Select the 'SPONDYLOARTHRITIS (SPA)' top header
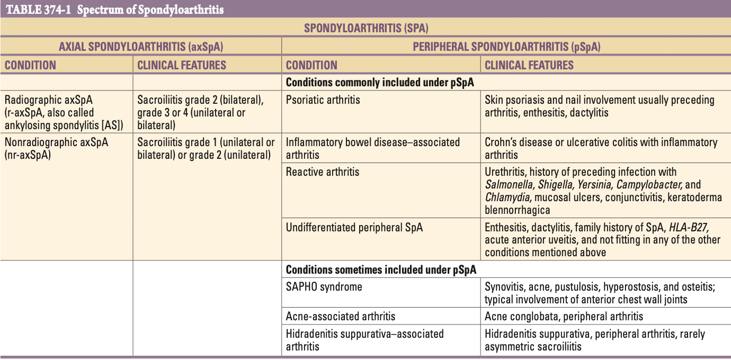(x=365, y=28)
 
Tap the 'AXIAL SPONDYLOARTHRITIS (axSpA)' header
(x=140, y=47)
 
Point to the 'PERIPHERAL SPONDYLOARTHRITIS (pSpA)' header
(x=506, y=47)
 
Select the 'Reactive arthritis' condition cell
(x=322, y=172)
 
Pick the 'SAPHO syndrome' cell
(x=324, y=286)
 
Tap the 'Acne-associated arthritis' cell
(x=340, y=316)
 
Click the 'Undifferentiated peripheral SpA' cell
(x=354, y=227)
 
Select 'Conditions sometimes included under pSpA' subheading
(x=381, y=269)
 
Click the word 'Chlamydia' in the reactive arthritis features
(x=508, y=197)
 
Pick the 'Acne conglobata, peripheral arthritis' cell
(x=564, y=316)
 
